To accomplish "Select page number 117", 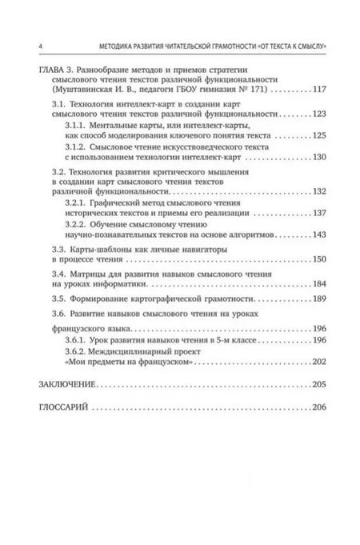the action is pyautogui.click(x=320, y=91).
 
